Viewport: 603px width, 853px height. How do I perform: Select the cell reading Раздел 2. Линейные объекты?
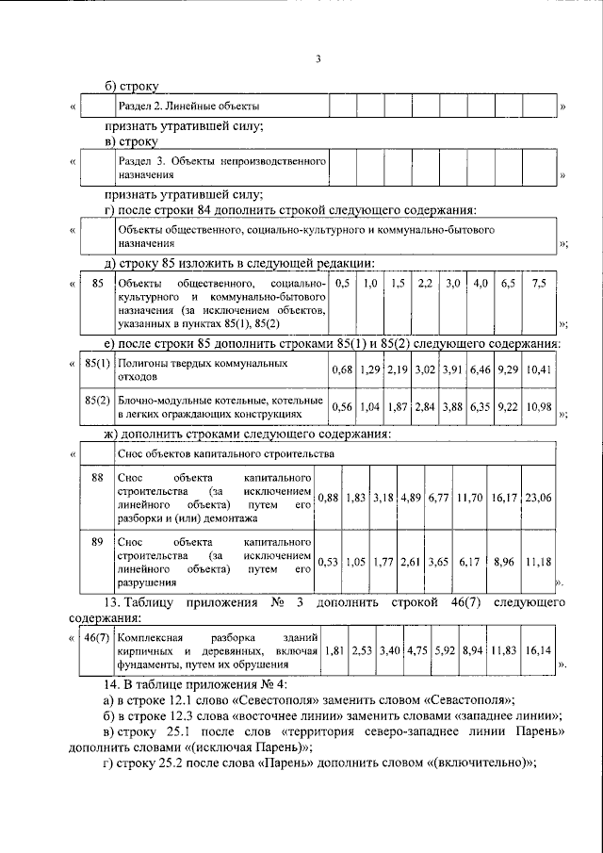(187, 106)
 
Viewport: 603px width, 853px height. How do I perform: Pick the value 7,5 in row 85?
(538, 283)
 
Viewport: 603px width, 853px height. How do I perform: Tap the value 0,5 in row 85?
(343, 283)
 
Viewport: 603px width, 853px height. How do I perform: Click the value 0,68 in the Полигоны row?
(342, 369)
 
